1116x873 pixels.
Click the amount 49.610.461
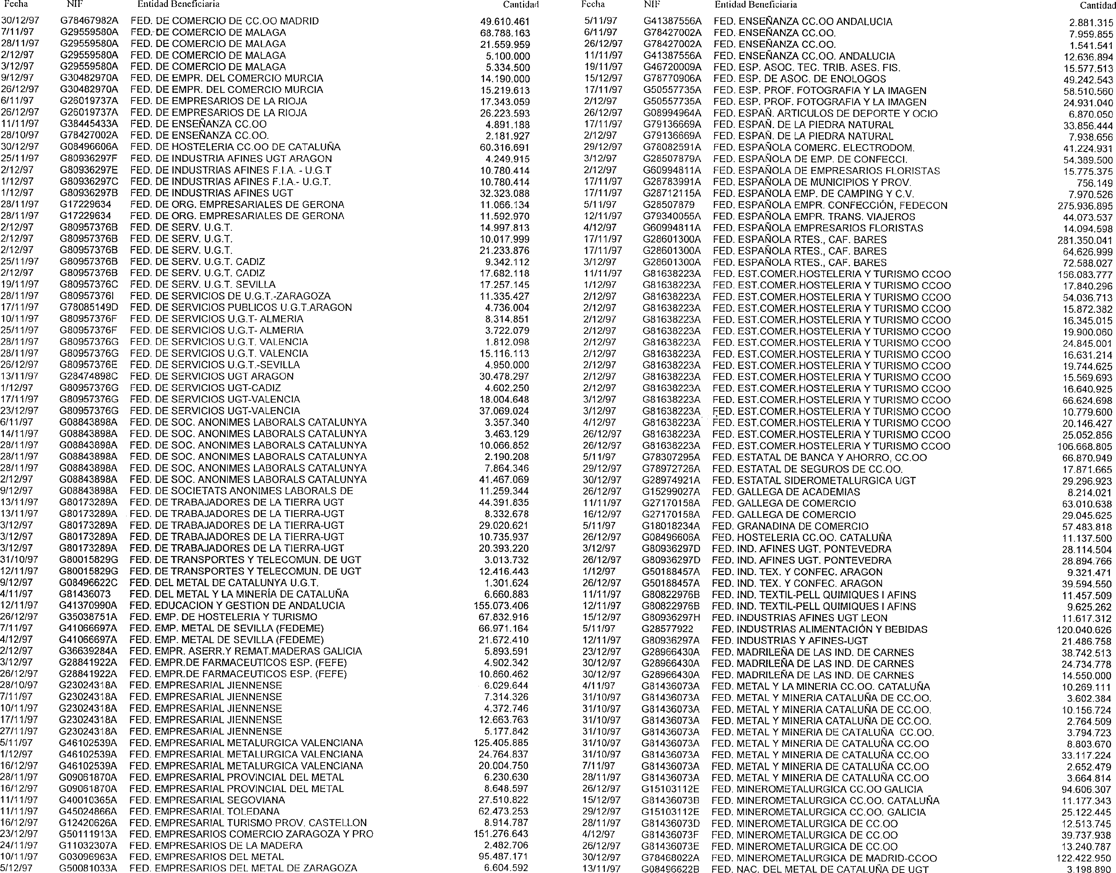(505, 21)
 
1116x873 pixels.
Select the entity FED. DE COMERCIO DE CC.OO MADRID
(224, 21)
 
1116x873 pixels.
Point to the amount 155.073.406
(501, 606)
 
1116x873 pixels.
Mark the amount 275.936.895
(1085, 206)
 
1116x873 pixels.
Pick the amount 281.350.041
(1085, 240)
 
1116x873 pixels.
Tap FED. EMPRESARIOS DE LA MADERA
(216, 846)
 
